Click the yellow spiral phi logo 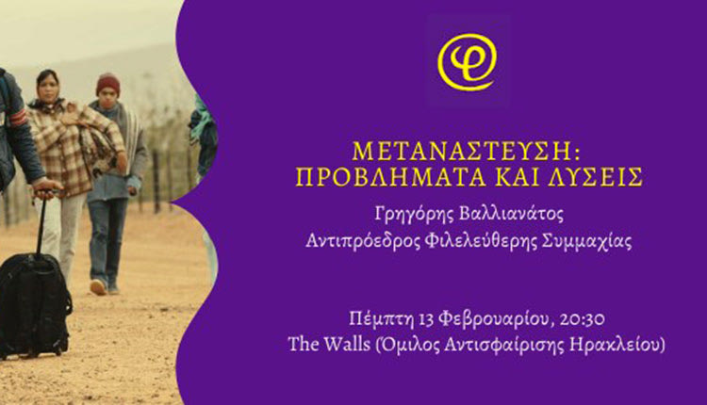pos(468,62)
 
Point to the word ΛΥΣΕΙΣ pos(596,177)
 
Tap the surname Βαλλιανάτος pos(511,214)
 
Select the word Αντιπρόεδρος pos(362,242)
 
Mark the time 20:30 pos(583,319)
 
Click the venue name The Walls pos(329,345)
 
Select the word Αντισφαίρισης pos(503,346)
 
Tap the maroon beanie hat pos(108,84)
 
